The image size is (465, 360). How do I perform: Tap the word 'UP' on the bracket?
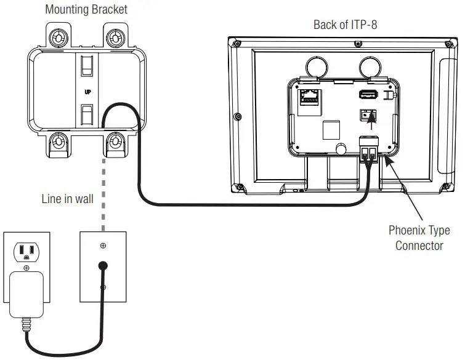[x=87, y=92]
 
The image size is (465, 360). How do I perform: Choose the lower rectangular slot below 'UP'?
[x=87, y=114]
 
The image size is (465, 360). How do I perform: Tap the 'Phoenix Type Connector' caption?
[x=419, y=238]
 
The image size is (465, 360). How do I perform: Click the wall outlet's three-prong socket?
[x=26, y=251]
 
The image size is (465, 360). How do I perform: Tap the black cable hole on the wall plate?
[x=103, y=266]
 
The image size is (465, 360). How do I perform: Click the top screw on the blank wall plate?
[x=103, y=246]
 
